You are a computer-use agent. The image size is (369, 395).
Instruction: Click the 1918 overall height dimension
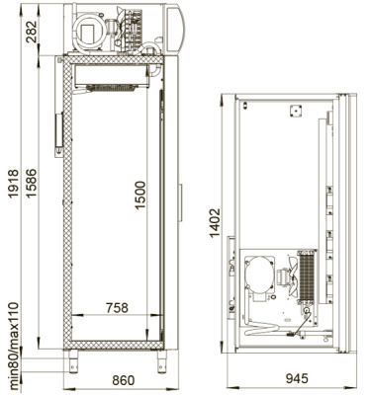pos(14,184)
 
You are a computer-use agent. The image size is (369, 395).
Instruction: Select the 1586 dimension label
pos(32,184)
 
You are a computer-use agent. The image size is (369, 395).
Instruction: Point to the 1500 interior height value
pos(140,196)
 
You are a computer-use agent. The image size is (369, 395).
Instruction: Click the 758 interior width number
pos(117,308)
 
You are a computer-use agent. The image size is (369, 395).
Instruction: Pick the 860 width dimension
pos(124,380)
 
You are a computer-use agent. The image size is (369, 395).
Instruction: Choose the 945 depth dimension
pos(297,378)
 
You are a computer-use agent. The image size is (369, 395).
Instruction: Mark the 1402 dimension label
pos(215,223)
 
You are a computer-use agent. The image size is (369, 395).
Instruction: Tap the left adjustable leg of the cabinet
pos(73,360)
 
